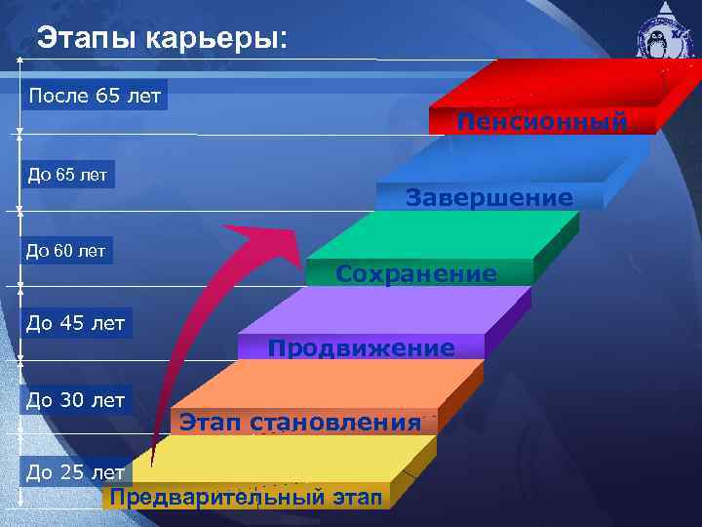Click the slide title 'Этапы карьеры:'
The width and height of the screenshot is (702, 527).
(162, 40)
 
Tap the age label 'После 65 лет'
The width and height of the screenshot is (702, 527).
(95, 96)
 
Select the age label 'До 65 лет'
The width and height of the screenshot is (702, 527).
(67, 175)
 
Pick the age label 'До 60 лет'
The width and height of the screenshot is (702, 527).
(65, 251)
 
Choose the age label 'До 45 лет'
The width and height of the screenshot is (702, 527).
(76, 323)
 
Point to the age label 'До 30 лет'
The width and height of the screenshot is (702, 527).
(76, 399)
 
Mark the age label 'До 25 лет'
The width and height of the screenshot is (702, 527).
(76, 472)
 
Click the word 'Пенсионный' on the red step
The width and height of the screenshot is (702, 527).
(542, 122)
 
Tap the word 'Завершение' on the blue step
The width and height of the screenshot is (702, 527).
(489, 198)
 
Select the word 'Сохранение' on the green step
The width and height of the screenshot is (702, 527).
(416, 274)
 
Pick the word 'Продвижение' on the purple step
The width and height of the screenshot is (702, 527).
(361, 348)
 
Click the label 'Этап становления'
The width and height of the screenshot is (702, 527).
(300, 423)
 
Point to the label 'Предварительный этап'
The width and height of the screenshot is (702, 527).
(245, 497)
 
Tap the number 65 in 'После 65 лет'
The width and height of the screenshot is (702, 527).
(108, 96)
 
